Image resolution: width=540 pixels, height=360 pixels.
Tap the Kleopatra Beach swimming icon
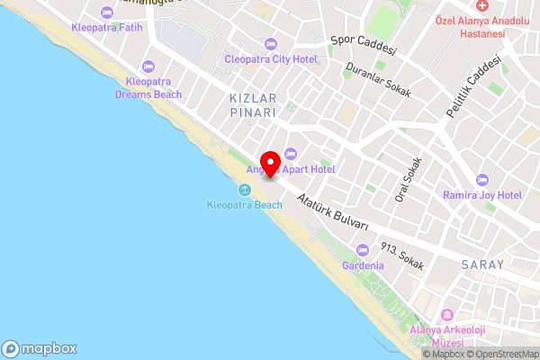pyautogui.click(x=245, y=190)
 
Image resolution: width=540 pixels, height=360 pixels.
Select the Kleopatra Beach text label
pyautogui.click(x=245, y=205)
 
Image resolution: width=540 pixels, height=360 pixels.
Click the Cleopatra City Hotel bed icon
pyautogui.click(x=271, y=44)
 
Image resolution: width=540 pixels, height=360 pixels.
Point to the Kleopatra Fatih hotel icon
pyautogui.click(x=108, y=12)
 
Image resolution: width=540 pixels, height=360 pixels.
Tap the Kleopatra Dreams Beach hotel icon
pyautogui.click(x=148, y=66)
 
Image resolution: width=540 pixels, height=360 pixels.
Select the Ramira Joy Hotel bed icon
pyautogui.click(x=482, y=180)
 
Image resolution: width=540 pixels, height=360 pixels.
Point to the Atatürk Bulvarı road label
pyautogui.click(x=333, y=212)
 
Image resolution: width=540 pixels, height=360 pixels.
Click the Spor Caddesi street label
pyautogui.click(x=364, y=46)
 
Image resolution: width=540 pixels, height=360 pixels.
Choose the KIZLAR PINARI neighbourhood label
pyautogui.click(x=251, y=103)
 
